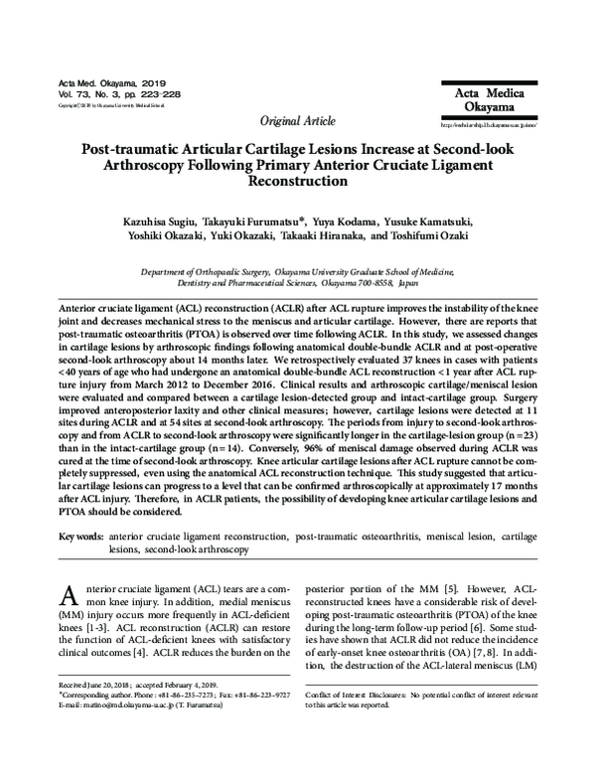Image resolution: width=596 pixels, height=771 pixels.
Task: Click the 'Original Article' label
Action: (x=297, y=121)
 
